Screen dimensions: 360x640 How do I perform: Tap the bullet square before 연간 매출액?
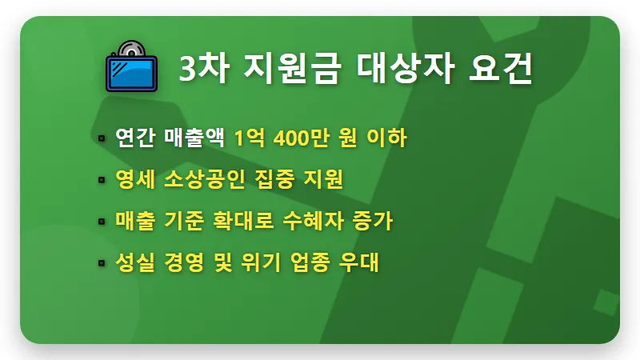tap(102, 138)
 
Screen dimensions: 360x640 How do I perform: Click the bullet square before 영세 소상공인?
tap(102, 179)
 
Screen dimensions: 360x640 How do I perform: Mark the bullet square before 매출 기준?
tap(102, 221)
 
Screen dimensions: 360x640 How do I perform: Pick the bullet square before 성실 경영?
tap(102, 262)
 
